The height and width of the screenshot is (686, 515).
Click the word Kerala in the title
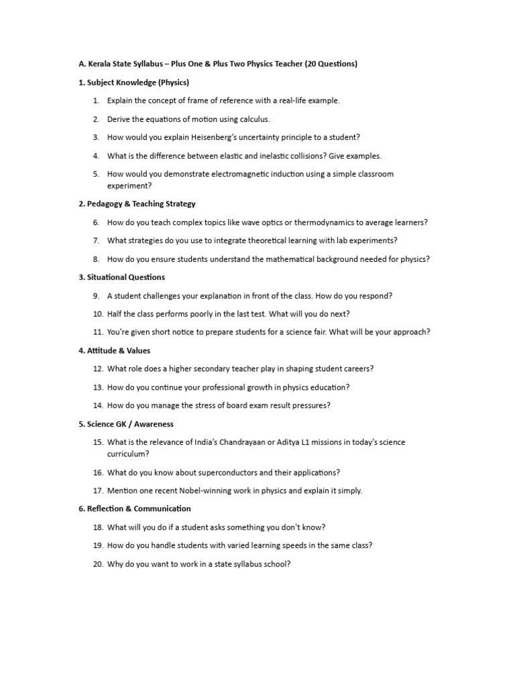pyautogui.click(x=99, y=64)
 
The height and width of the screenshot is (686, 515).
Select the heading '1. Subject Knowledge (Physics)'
pyautogui.click(x=133, y=82)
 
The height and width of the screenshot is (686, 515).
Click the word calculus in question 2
pyautogui.click(x=253, y=119)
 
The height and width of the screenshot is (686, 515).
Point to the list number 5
pyautogui.click(x=96, y=174)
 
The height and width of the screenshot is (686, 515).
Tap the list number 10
pyautogui.click(x=98, y=314)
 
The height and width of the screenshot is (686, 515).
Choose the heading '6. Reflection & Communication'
pyautogui.click(x=134, y=509)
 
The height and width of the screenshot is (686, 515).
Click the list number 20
pyautogui.click(x=98, y=564)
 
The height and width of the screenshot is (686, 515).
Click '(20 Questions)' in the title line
pyautogui.click(x=331, y=64)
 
